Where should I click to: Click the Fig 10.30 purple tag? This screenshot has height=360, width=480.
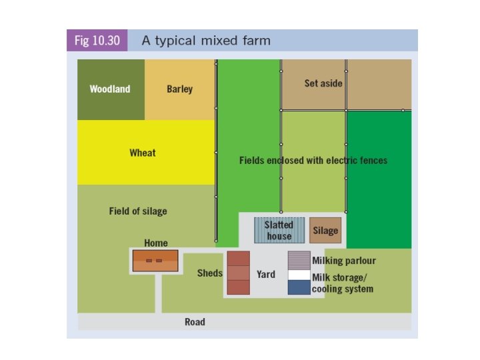pos(97,41)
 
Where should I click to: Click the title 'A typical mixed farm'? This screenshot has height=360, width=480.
pos(206,41)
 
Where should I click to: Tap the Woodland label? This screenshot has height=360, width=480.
pos(110,89)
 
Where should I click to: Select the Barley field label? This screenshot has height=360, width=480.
pos(179,89)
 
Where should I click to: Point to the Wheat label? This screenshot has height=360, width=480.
pos(142,153)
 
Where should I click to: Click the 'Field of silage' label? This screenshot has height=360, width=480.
pos(138,211)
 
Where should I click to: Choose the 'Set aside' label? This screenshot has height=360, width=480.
pos(323,83)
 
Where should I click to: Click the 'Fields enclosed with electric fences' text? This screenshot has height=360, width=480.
pos(313,161)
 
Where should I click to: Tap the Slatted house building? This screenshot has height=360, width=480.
pos(279,231)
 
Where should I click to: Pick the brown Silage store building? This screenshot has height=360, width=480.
pos(325,231)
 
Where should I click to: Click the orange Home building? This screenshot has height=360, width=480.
pos(155,261)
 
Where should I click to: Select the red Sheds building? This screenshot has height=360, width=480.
pos(238,273)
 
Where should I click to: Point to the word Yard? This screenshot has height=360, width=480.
pos(266,274)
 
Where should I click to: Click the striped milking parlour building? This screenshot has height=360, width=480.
pos(299,260)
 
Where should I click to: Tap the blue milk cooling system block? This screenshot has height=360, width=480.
pos(299,287)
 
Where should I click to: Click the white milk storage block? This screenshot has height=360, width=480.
pos(299,275)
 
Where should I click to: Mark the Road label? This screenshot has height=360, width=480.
pos(195,322)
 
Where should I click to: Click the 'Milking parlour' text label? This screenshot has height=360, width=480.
pos(343,261)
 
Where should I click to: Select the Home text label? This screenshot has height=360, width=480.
pos(156,243)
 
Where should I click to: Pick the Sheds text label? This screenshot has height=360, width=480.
pos(209,273)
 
